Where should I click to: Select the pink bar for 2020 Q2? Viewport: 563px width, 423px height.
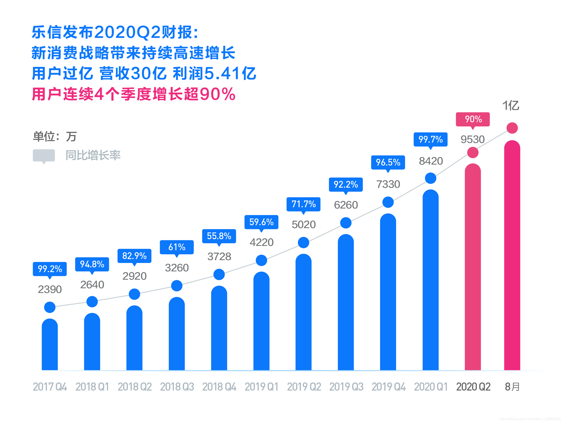(473, 267)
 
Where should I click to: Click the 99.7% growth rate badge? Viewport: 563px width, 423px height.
(430, 139)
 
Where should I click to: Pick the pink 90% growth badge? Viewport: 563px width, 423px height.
(473, 119)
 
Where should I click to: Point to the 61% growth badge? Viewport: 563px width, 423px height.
(177, 247)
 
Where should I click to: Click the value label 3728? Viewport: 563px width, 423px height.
(219, 257)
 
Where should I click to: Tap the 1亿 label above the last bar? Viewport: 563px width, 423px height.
(511, 105)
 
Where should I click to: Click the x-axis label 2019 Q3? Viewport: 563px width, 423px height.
(346, 387)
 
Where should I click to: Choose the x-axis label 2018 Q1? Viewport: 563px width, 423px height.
(92, 387)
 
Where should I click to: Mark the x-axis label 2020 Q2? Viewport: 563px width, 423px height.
(473, 387)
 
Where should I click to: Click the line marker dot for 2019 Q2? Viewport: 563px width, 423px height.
(303, 243)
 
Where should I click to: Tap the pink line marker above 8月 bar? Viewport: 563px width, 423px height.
(512, 128)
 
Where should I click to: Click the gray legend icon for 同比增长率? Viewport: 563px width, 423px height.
(44, 155)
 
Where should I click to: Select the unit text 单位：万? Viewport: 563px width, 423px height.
(55, 137)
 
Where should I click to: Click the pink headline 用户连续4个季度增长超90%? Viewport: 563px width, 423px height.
(134, 94)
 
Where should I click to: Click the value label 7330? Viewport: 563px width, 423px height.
(388, 184)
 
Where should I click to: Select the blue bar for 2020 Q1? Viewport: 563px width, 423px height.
(430, 280)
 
